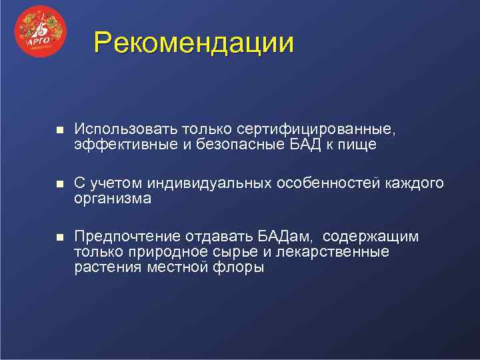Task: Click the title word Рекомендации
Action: coord(193,43)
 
